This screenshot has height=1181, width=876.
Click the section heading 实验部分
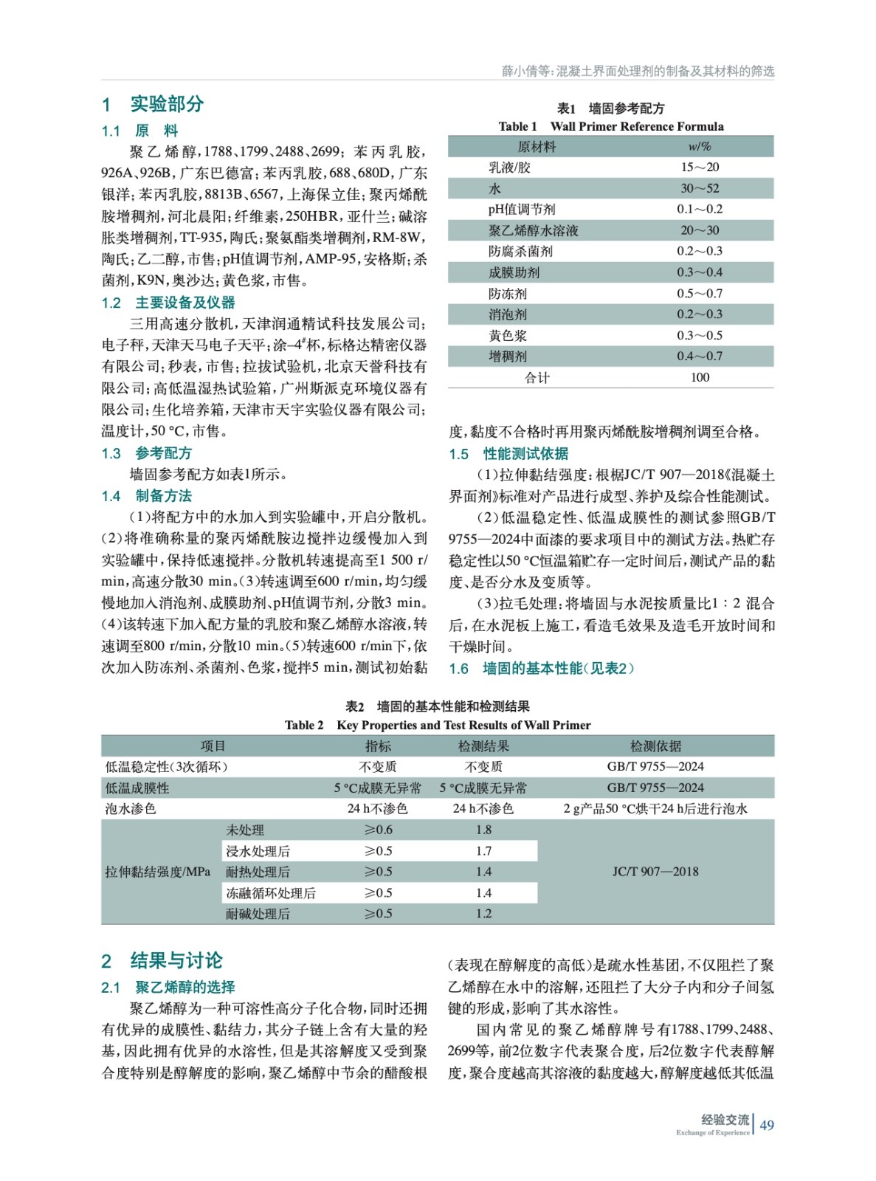click(166, 104)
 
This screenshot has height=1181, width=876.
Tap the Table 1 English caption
click(610, 126)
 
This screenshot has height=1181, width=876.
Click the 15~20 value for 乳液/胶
click(699, 168)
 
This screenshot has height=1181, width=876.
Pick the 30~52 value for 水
click(699, 188)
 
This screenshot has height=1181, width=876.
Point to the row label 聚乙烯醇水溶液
click(533, 230)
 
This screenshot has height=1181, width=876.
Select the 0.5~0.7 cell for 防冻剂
click(699, 293)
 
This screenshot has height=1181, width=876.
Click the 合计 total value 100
click(699, 377)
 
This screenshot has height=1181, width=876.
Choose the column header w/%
click(699, 147)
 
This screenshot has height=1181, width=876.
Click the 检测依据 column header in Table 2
click(655, 746)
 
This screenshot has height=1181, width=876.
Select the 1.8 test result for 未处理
click(483, 830)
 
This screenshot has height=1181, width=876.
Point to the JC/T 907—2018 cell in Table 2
click(655, 872)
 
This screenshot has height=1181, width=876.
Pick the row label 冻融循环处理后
click(271, 893)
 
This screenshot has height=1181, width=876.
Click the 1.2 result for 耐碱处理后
click(483, 914)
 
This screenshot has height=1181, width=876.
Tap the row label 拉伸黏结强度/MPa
click(158, 872)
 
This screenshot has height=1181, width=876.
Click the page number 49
click(767, 1125)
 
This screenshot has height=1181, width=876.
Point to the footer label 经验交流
click(725, 1120)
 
